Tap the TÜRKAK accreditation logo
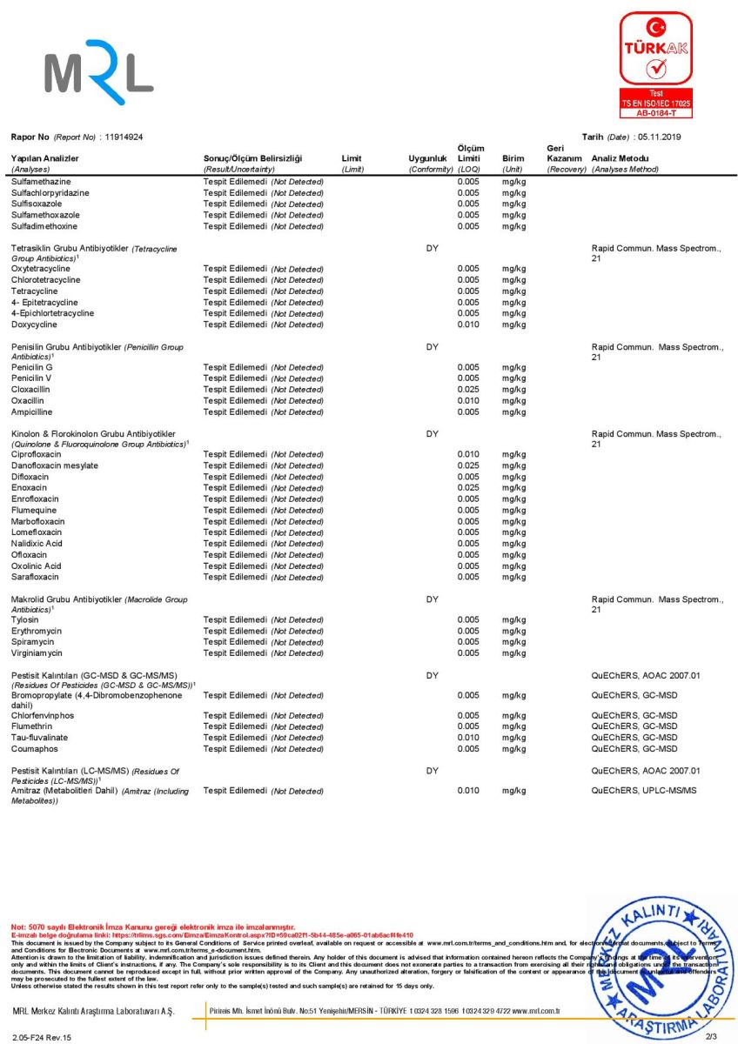[655, 64]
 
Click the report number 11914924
[124, 137]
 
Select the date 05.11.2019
[661, 137]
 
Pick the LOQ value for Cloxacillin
[468, 390]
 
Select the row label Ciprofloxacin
[37, 454]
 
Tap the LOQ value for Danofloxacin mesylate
[468, 465]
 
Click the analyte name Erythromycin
[37, 631]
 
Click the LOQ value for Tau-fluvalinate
[468, 738]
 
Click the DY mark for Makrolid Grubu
[432, 599]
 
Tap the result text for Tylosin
[263, 619]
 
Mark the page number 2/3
[711, 1036]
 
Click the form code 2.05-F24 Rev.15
[42, 1037]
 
